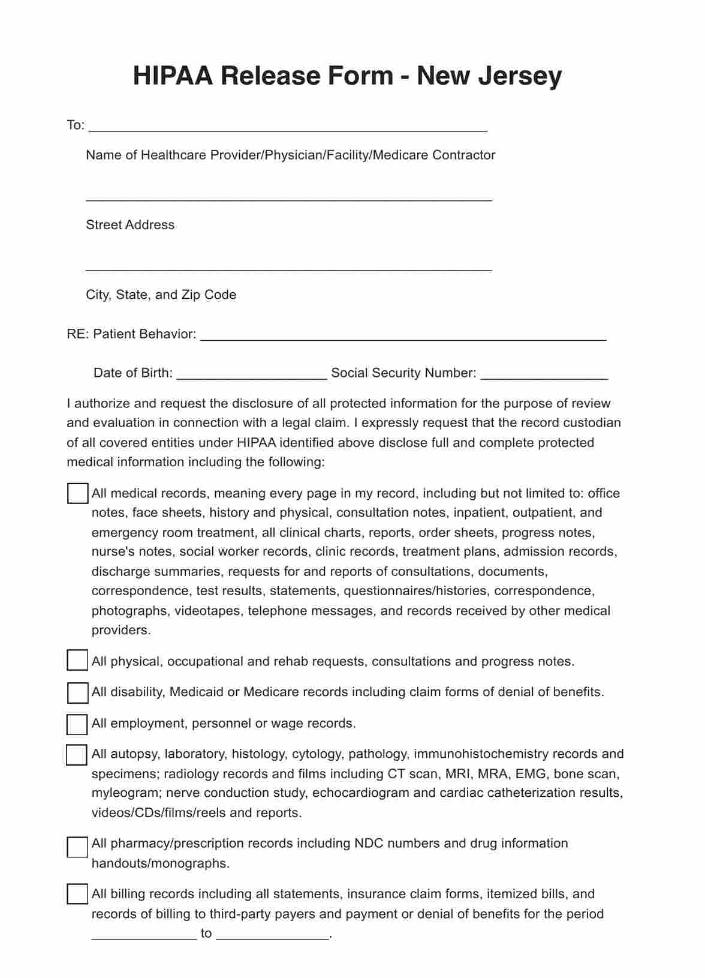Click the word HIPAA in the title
click(172, 76)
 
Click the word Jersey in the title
click(520, 76)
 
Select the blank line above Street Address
click(289, 197)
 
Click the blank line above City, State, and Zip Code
click(289, 268)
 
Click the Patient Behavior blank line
click(403, 337)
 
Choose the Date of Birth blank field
click(252, 376)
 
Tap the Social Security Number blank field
click(544, 376)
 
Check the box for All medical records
click(77, 494)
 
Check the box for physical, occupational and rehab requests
click(77, 661)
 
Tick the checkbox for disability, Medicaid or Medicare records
click(77, 692)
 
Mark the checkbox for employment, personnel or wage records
click(77, 724)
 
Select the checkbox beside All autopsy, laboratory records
click(77, 755)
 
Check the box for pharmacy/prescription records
click(77, 847)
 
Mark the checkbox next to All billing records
click(77, 894)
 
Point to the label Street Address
click(130, 225)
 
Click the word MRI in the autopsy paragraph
click(458, 773)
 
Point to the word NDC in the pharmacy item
click(369, 844)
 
